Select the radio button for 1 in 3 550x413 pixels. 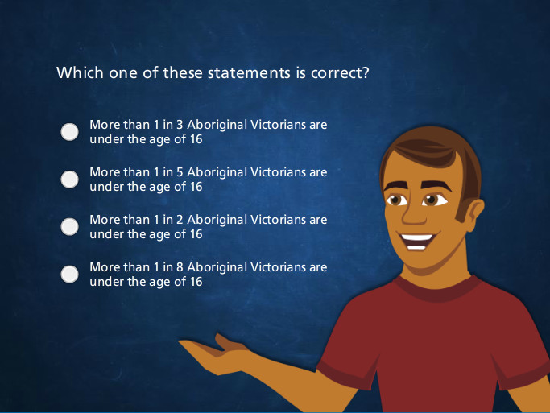[x=69, y=132]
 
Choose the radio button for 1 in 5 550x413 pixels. [x=69, y=180]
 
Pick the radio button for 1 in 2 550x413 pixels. [x=69, y=227]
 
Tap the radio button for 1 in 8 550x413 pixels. [x=69, y=275]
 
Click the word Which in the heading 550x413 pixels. [x=80, y=72]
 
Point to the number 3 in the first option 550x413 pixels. [x=180, y=125]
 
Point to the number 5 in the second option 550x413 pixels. [x=180, y=172]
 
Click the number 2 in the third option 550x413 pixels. [x=180, y=220]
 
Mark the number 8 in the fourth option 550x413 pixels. [x=180, y=267]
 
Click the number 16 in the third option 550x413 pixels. [x=196, y=234]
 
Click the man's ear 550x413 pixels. [x=473, y=214]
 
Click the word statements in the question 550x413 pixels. [x=249, y=73]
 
